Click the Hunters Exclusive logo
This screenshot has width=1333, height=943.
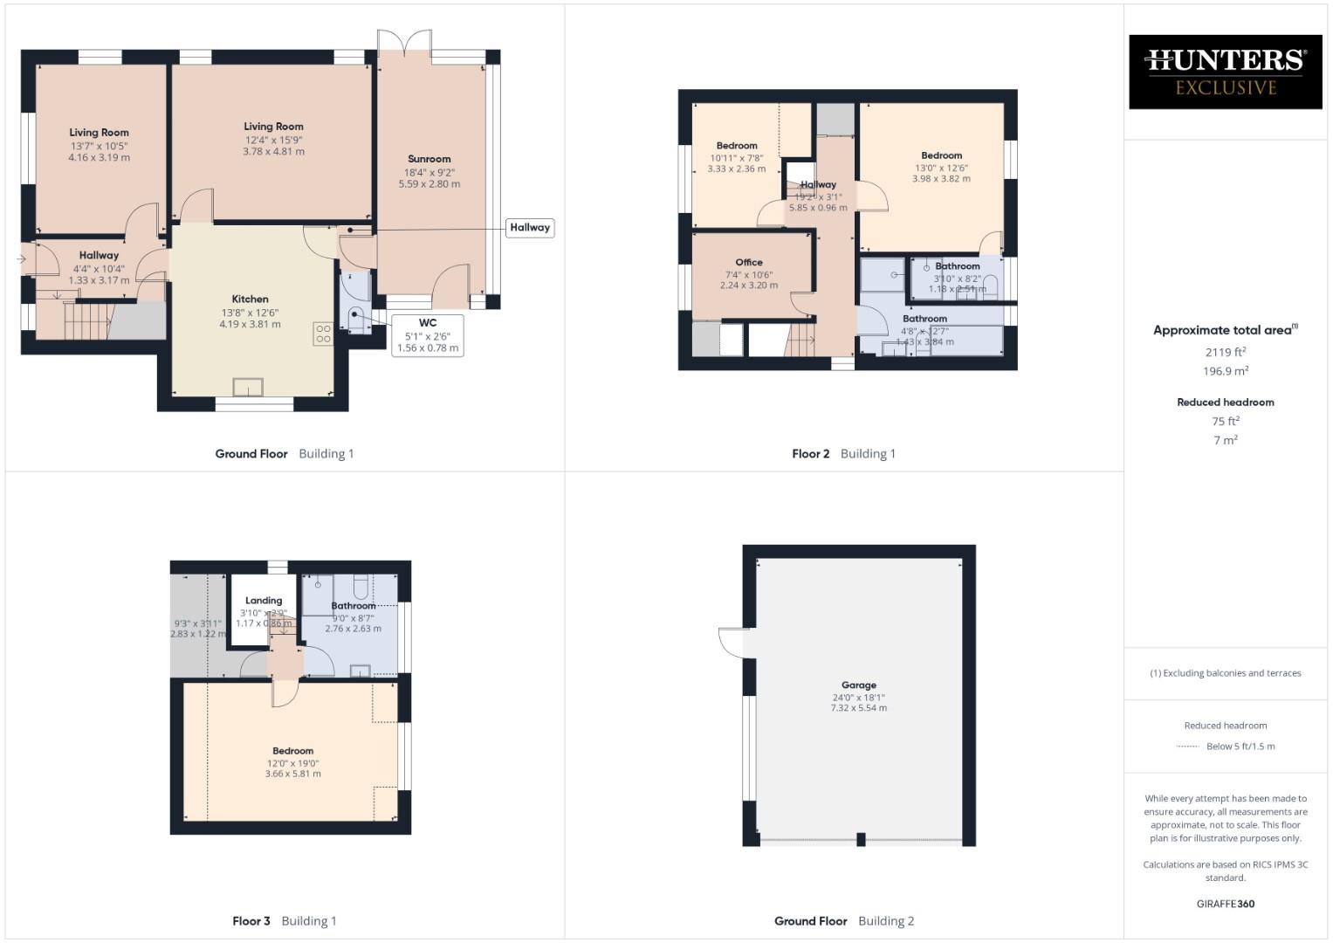[1225, 72]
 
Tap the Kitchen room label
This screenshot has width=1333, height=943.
[250, 299]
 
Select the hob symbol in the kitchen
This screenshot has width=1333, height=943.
[322, 334]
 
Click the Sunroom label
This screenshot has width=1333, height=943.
[429, 159]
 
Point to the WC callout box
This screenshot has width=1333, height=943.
[427, 335]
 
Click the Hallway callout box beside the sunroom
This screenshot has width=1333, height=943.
[530, 228]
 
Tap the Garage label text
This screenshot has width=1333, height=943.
[858, 685]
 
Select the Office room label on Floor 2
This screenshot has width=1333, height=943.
[748, 262]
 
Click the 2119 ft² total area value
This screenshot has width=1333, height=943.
[1225, 352]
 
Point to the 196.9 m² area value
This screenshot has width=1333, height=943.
[1225, 371]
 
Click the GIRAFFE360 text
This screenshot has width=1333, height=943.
[1225, 904]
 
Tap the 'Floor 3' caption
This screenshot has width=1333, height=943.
[251, 921]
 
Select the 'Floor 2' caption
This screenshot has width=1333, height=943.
[810, 454]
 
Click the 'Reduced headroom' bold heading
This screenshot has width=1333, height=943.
[1225, 403]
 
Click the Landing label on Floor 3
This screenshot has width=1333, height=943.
[263, 601]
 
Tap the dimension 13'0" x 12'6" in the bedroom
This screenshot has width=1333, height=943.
[941, 168]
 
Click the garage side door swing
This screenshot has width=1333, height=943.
[732, 643]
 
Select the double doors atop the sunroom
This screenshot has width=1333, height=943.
[404, 42]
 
